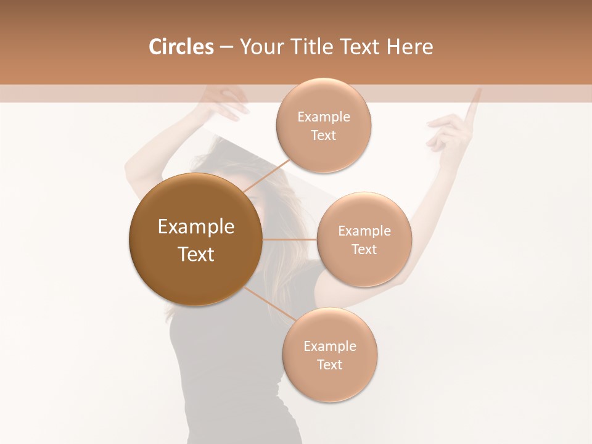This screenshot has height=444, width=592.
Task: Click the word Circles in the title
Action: (181, 47)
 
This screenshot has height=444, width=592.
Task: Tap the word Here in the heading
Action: (410, 47)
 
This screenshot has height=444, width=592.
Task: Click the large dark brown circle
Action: (195, 239)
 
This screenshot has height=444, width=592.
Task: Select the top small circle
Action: (323, 126)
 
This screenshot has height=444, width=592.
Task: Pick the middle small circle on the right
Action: (364, 239)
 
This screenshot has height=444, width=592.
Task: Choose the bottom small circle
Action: (329, 355)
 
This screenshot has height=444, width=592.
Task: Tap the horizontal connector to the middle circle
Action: (289, 239)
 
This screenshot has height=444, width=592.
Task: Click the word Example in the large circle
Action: (195, 227)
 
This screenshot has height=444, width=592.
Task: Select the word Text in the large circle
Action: (195, 254)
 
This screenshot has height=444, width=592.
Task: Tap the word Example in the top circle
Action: (323, 117)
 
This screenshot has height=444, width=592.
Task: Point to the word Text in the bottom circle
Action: (329, 364)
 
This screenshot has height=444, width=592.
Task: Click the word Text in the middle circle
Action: (364, 249)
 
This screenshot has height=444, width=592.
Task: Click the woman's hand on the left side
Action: (226, 102)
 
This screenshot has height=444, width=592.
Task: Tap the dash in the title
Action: (226, 47)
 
